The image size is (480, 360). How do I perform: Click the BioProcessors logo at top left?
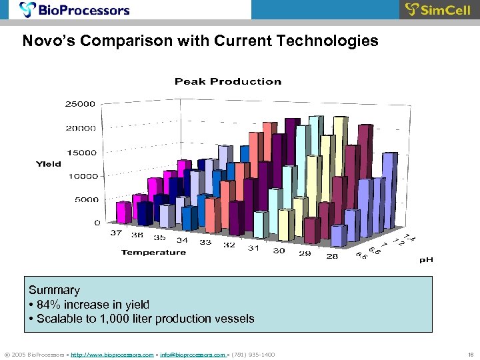[x=75, y=10]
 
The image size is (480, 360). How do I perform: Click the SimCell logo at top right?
[x=438, y=10]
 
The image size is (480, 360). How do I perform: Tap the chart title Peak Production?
[x=228, y=81]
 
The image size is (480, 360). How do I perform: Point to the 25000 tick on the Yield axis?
[x=80, y=104]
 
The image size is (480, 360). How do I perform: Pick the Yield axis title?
[x=49, y=163]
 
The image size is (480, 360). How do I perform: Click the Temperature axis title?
[x=153, y=252]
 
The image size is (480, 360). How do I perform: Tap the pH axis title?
[x=426, y=260]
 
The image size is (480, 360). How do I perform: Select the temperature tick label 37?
[x=116, y=233]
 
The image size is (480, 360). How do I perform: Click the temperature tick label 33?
[x=205, y=242]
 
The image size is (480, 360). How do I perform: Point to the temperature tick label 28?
[x=331, y=256]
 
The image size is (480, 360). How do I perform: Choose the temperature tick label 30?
[x=279, y=251]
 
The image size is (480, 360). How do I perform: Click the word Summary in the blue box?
[x=54, y=290]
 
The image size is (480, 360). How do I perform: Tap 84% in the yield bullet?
[x=49, y=305]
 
